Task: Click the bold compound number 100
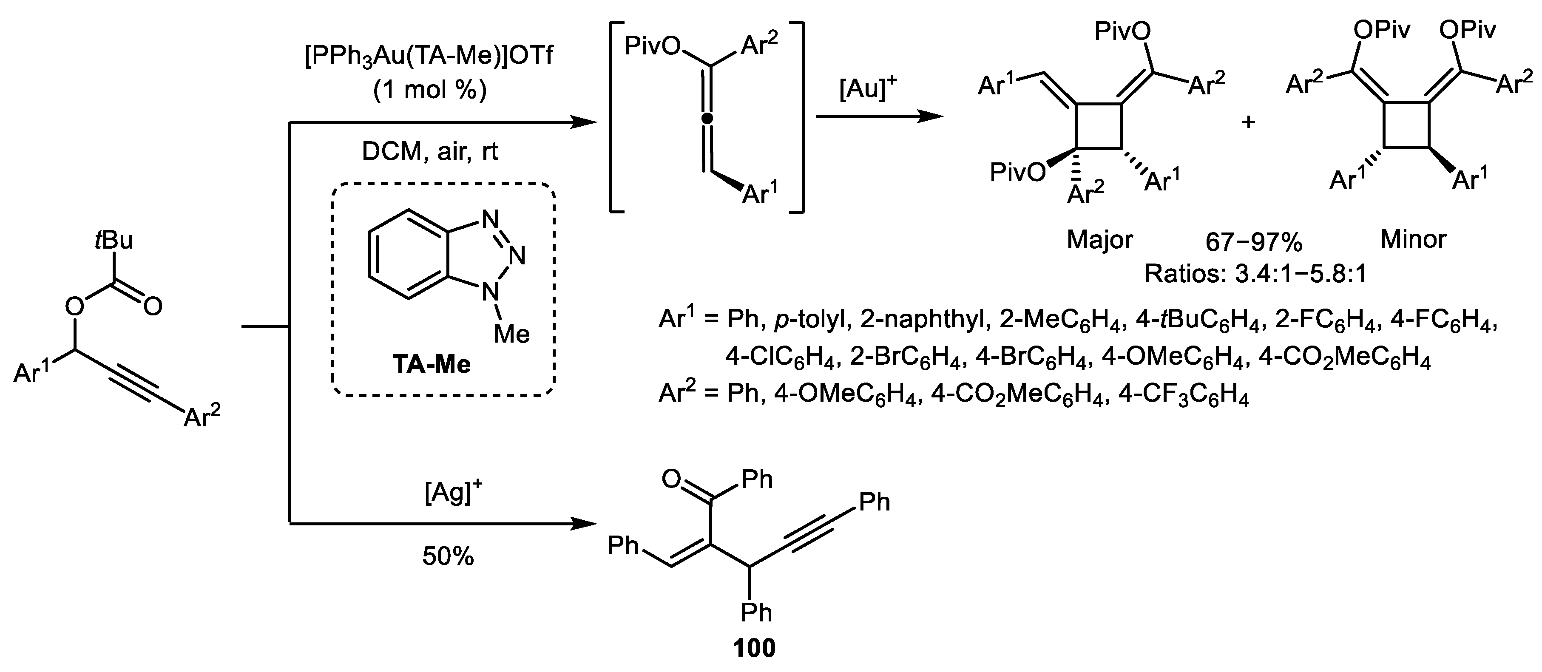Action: pos(754,648)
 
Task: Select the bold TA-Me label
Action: pos(431,364)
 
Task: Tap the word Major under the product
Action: pos(1099,240)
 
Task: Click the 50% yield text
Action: pos(448,556)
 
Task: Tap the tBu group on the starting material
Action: pos(114,240)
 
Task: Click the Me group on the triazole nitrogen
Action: pos(512,333)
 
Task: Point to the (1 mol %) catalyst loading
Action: pos(430,91)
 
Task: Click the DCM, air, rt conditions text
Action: pos(430,152)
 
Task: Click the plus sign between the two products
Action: pos(1248,122)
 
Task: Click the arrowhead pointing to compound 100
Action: pos(584,524)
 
